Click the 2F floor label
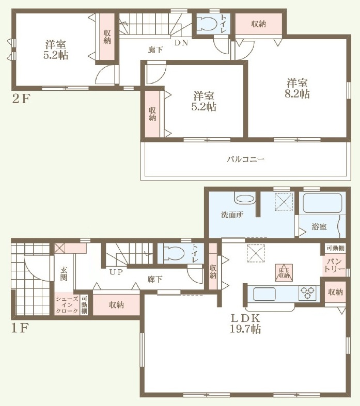[x=21, y=99]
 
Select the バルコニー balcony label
[x=245, y=159]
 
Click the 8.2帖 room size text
[x=297, y=94]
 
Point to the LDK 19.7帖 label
[x=245, y=323]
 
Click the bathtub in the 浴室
[x=322, y=203]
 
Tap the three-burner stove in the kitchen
[x=307, y=293]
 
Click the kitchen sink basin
[x=264, y=294]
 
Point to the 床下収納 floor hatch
[x=284, y=273]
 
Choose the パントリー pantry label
[x=335, y=265]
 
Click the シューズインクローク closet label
[x=67, y=305]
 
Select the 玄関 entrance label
[x=64, y=274]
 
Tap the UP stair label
[x=116, y=272]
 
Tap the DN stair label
[x=181, y=43]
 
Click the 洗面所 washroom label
[x=232, y=215]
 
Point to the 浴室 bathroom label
[x=319, y=226]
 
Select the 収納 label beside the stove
[x=335, y=292]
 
